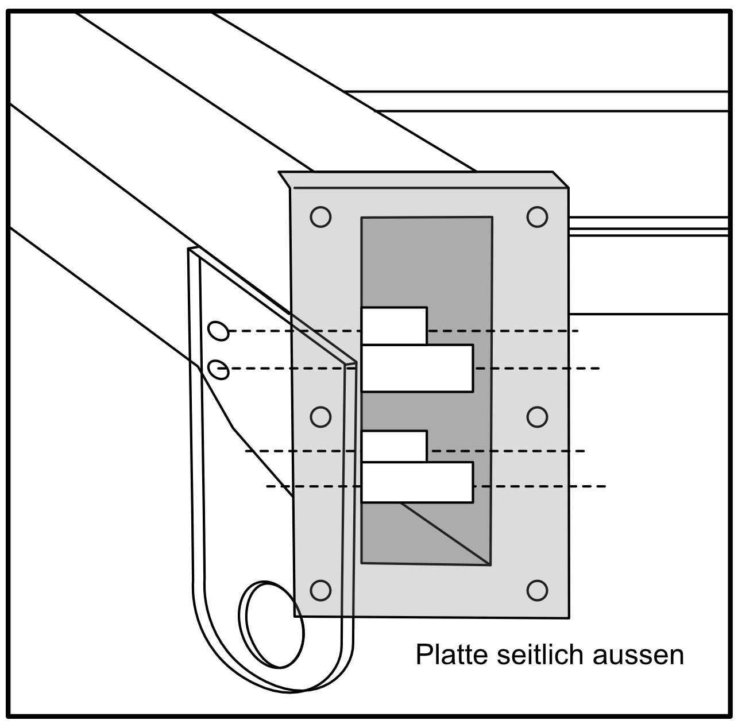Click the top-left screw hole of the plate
pos(320,217)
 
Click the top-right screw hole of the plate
pos(537,216)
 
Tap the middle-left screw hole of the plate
pos(320,416)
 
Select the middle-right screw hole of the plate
pos(537,416)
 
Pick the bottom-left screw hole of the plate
pos(320,590)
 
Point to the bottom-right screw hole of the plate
pos(537,590)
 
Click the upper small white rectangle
pos(394,326)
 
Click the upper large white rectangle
pos(418,368)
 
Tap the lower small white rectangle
pos(394,446)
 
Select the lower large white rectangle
pos(418,482)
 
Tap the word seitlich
pos(532,655)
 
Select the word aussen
pos(637,655)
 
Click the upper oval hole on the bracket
pos(218,331)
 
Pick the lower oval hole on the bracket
pos(218,370)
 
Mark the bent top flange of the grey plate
pos(422,179)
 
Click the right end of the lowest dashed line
pos(605,486)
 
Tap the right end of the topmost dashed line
pos(577,331)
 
